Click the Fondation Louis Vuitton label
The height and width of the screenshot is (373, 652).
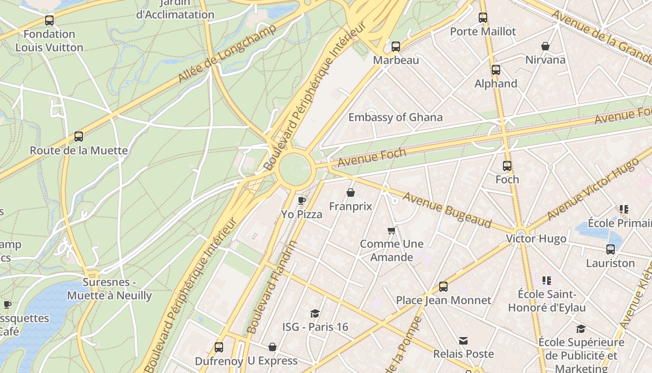pyautogui.click(x=49, y=41)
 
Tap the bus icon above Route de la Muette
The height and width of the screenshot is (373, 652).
pyautogui.click(x=79, y=137)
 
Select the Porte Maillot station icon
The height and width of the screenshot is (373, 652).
pyautogui.click(x=483, y=18)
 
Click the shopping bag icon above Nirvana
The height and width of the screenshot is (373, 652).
pyautogui.click(x=545, y=46)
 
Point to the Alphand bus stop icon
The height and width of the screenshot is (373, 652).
pyautogui.click(x=496, y=70)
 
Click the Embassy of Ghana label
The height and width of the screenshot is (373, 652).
pyautogui.click(x=395, y=117)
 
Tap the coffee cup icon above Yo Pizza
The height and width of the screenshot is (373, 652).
pyautogui.click(x=302, y=200)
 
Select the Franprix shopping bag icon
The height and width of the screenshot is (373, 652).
pyautogui.click(x=351, y=193)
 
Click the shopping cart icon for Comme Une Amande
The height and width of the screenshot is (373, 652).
pyautogui.click(x=392, y=230)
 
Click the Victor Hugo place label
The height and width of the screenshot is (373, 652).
pyautogui.click(x=537, y=239)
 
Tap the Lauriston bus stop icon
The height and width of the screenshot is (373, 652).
pyautogui.click(x=611, y=249)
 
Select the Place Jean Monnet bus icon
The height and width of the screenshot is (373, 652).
pyautogui.click(x=443, y=287)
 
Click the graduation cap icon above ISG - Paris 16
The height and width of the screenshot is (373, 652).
pyautogui.click(x=315, y=313)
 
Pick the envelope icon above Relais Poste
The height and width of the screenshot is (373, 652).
pyautogui.click(x=463, y=341)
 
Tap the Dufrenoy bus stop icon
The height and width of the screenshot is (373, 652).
pyautogui.click(x=219, y=347)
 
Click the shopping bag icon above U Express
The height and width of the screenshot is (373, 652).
pyautogui.click(x=272, y=347)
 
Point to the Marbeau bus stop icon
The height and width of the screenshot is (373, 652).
pyautogui.click(x=396, y=47)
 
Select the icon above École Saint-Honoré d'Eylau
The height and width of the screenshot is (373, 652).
pyautogui.click(x=547, y=281)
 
